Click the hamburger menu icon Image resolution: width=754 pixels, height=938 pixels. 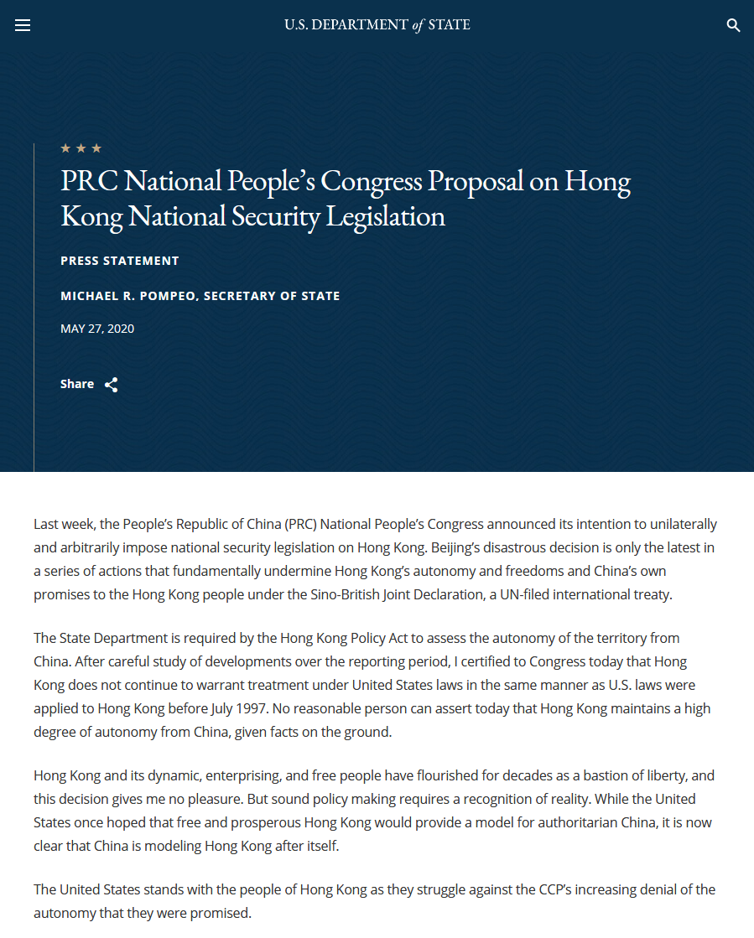(x=23, y=25)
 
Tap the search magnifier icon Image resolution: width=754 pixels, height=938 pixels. (x=733, y=25)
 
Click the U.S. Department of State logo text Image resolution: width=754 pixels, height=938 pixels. (x=377, y=25)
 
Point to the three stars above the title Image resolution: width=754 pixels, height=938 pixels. (x=81, y=148)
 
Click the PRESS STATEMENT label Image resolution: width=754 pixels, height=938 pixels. (x=120, y=261)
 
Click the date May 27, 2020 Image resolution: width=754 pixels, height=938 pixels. (x=97, y=329)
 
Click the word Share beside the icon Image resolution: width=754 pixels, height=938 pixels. (x=77, y=384)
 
